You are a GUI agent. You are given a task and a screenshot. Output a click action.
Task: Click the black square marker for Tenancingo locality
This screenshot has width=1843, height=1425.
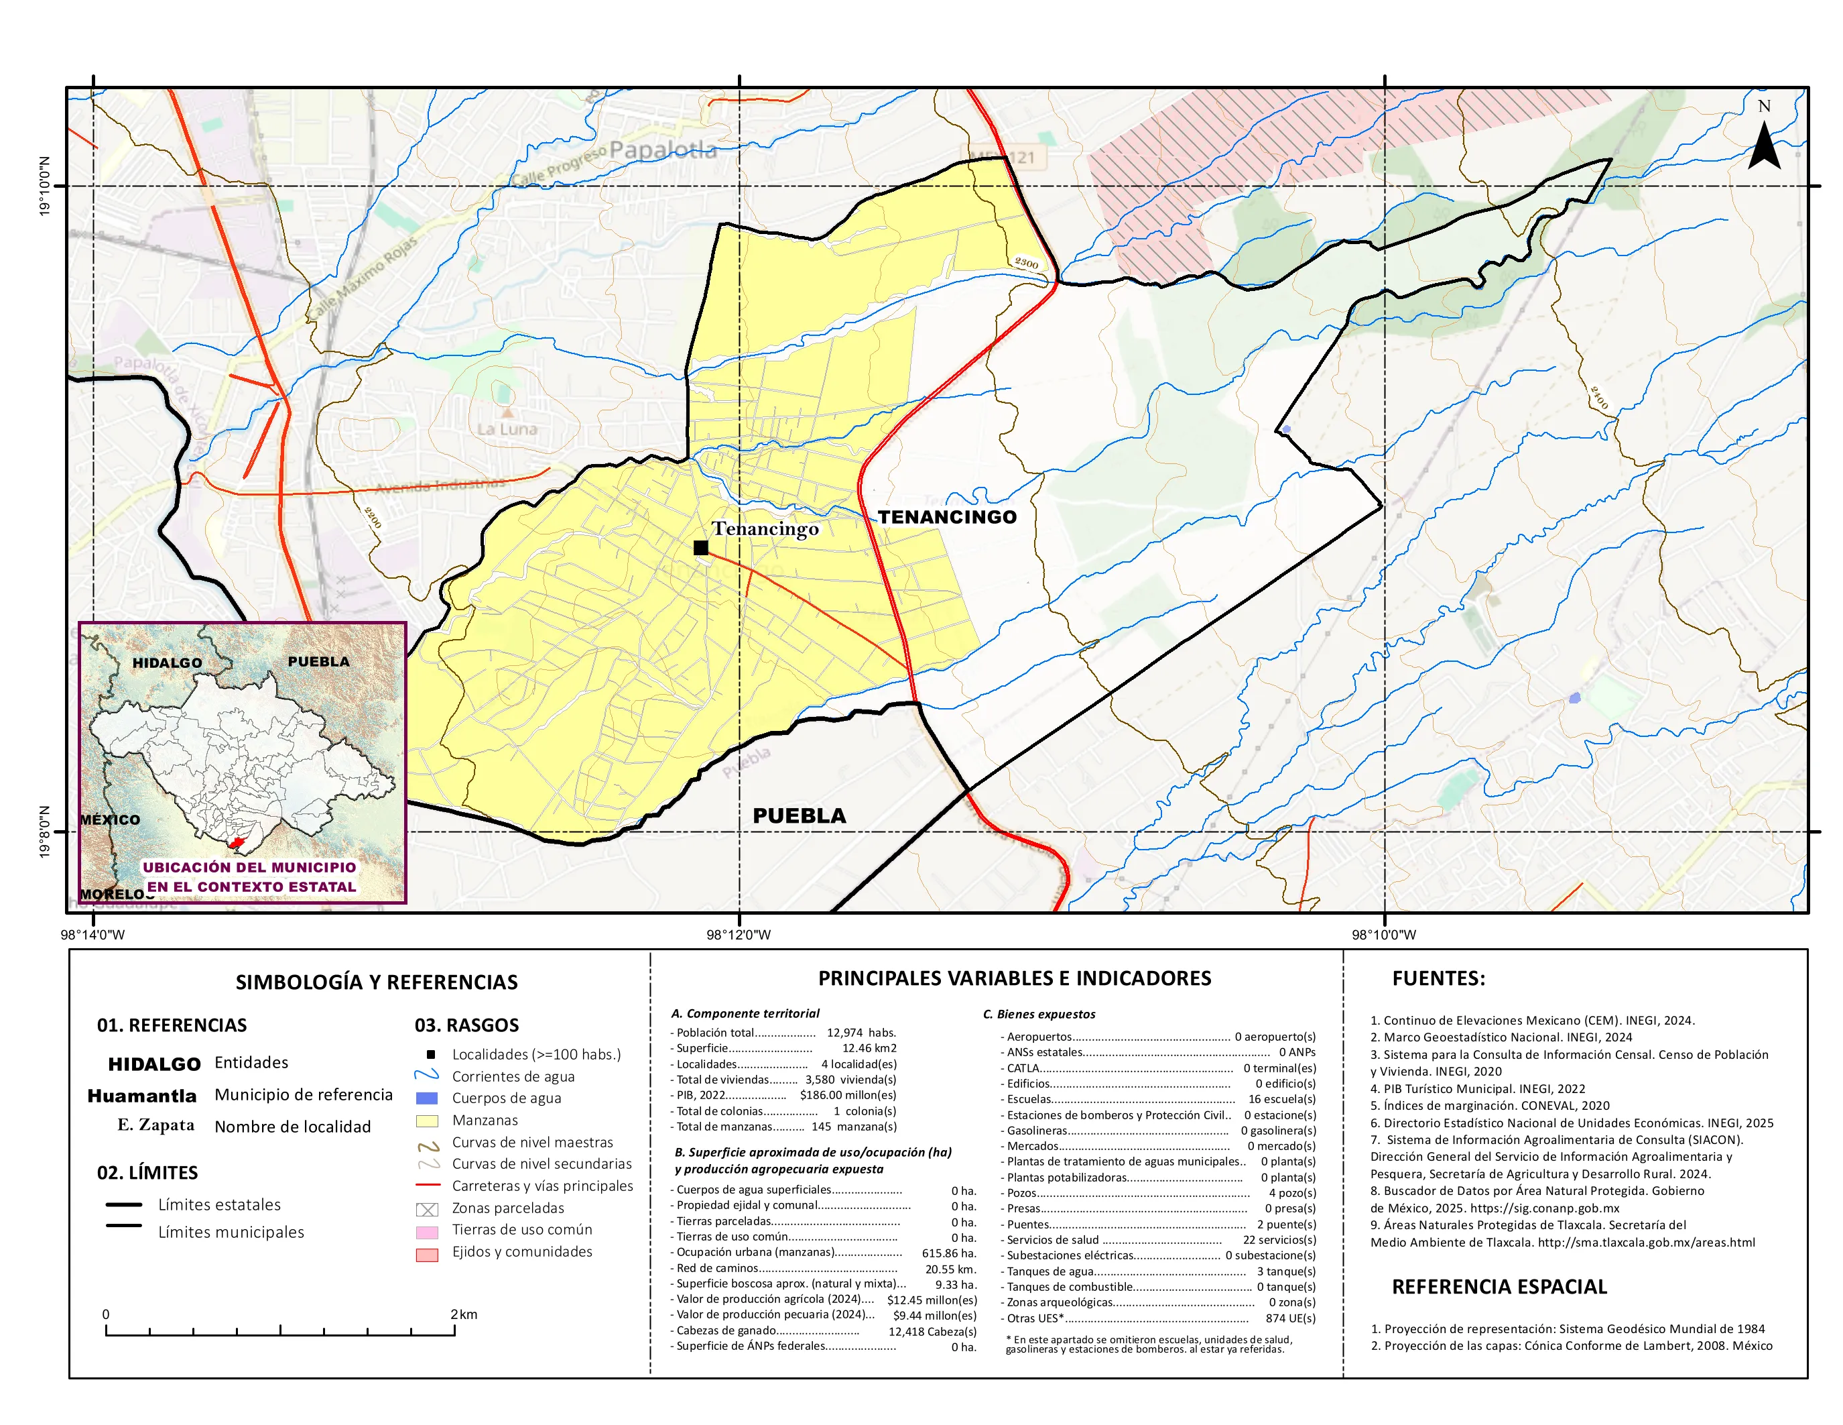(700, 547)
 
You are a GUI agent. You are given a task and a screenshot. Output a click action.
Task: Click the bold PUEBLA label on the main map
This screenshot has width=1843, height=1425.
(798, 815)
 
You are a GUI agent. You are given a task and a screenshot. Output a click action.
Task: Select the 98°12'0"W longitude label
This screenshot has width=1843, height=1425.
(739, 935)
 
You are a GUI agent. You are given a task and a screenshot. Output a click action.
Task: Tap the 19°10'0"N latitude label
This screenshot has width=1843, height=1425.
(45, 186)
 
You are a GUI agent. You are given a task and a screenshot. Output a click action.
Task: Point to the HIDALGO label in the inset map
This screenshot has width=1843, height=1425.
(167, 663)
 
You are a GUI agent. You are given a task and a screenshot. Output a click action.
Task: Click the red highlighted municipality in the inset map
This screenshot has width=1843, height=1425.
(237, 842)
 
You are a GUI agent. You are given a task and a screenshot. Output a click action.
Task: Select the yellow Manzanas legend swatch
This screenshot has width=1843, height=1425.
(427, 1121)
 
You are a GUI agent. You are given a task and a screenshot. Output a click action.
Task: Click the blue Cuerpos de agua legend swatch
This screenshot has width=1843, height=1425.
(427, 1098)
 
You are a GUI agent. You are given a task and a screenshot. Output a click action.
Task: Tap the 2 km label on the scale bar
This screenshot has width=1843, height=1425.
(463, 1314)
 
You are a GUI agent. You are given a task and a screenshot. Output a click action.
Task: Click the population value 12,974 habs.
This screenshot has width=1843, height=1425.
(861, 1033)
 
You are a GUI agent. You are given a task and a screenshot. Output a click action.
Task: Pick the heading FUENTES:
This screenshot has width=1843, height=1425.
(1438, 978)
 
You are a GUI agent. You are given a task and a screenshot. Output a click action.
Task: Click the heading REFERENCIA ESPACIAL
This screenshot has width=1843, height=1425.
(1499, 1287)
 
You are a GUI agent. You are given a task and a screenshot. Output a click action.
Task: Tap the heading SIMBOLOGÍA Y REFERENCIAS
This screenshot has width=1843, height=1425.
(377, 982)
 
